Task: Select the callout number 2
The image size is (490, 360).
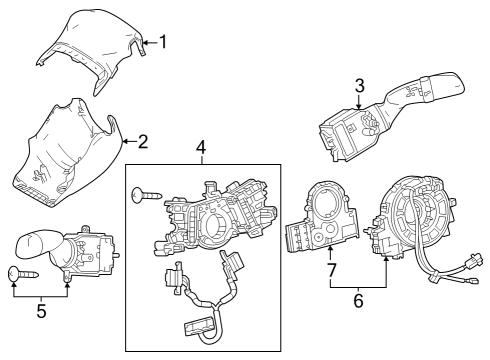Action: [x=142, y=141]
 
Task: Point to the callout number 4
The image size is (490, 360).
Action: [x=201, y=149]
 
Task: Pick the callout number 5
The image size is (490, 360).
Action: [x=40, y=310]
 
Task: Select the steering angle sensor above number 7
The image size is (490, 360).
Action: [x=322, y=220]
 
